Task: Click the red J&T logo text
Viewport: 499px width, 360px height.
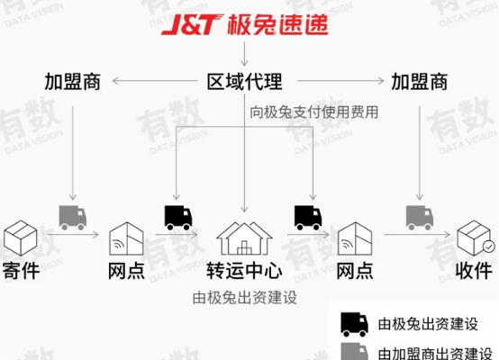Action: point(192,24)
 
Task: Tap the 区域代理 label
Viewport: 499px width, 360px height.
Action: point(244,82)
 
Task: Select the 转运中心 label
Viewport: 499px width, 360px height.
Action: point(244,271)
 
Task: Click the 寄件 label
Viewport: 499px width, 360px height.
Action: point(21,271)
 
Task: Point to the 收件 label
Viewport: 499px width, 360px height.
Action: point(474,271)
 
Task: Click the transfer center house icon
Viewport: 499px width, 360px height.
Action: point(244,238)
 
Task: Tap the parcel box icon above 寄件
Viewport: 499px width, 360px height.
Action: point(21,238)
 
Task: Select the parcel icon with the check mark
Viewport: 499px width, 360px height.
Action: point(476,238)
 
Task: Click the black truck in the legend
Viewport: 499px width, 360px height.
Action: point(355,324)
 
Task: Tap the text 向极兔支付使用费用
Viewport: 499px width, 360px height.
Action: point(313,112)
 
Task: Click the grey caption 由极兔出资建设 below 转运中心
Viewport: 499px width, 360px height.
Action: point(244,298)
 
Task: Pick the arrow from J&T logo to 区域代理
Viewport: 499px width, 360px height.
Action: point(244,54)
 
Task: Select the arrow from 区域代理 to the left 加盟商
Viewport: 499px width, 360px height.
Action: point(155,81)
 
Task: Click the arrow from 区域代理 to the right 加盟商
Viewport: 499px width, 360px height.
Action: point(340,81)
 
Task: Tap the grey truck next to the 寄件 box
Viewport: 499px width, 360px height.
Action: point(73,218)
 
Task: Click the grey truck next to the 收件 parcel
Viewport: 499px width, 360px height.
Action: point(420,218)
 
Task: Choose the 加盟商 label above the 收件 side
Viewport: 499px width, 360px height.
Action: point(420,82)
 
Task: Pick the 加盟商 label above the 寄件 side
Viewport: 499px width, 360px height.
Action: point(73,82)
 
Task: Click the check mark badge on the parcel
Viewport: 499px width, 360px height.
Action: point(489,247)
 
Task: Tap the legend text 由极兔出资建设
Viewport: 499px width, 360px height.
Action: point(428,324)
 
